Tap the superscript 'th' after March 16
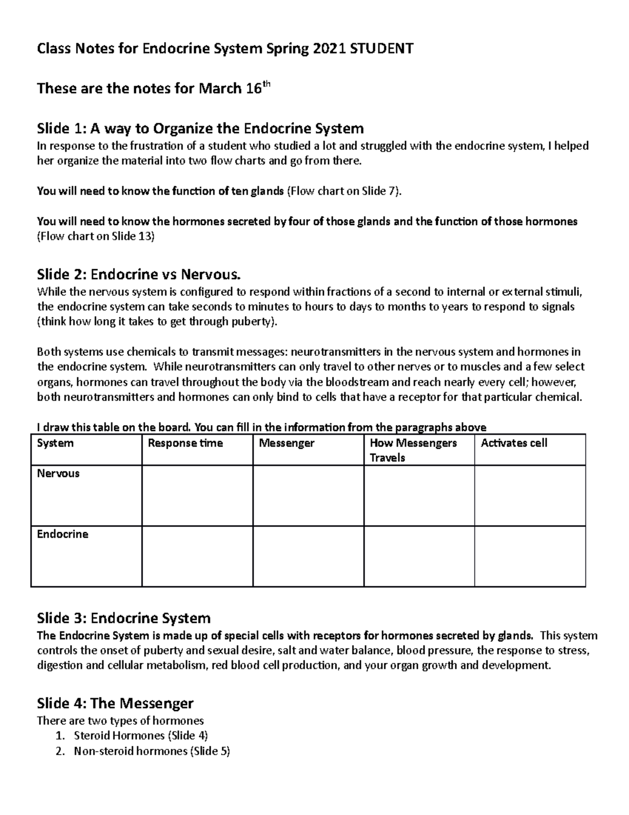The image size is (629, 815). tap(267, 84)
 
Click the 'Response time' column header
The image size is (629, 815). tap(186, 443)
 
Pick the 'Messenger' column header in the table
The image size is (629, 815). tap(287, 443)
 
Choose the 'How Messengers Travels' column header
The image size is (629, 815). tap(413, 450)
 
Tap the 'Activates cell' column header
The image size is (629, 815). tap(514, 443)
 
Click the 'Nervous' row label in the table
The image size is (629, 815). tap(58, 473)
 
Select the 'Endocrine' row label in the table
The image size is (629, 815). tap(62, 534)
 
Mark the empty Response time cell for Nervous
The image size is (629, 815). tap(197, 496)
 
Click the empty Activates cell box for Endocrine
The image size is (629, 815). tap(530, 556)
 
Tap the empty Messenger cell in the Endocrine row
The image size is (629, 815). tap(308, 556)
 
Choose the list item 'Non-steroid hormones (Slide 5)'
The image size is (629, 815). tap(152, 751)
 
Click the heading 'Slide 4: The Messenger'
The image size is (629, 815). tap(115, 703)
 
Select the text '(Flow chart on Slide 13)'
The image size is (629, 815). tap(96, 236)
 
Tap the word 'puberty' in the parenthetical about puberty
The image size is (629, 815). tap(252, 322)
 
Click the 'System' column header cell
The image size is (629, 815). tap(55, 443)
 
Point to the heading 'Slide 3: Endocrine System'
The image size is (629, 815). tap(124, 618)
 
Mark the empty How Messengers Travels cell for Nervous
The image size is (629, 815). tap(419, 496)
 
